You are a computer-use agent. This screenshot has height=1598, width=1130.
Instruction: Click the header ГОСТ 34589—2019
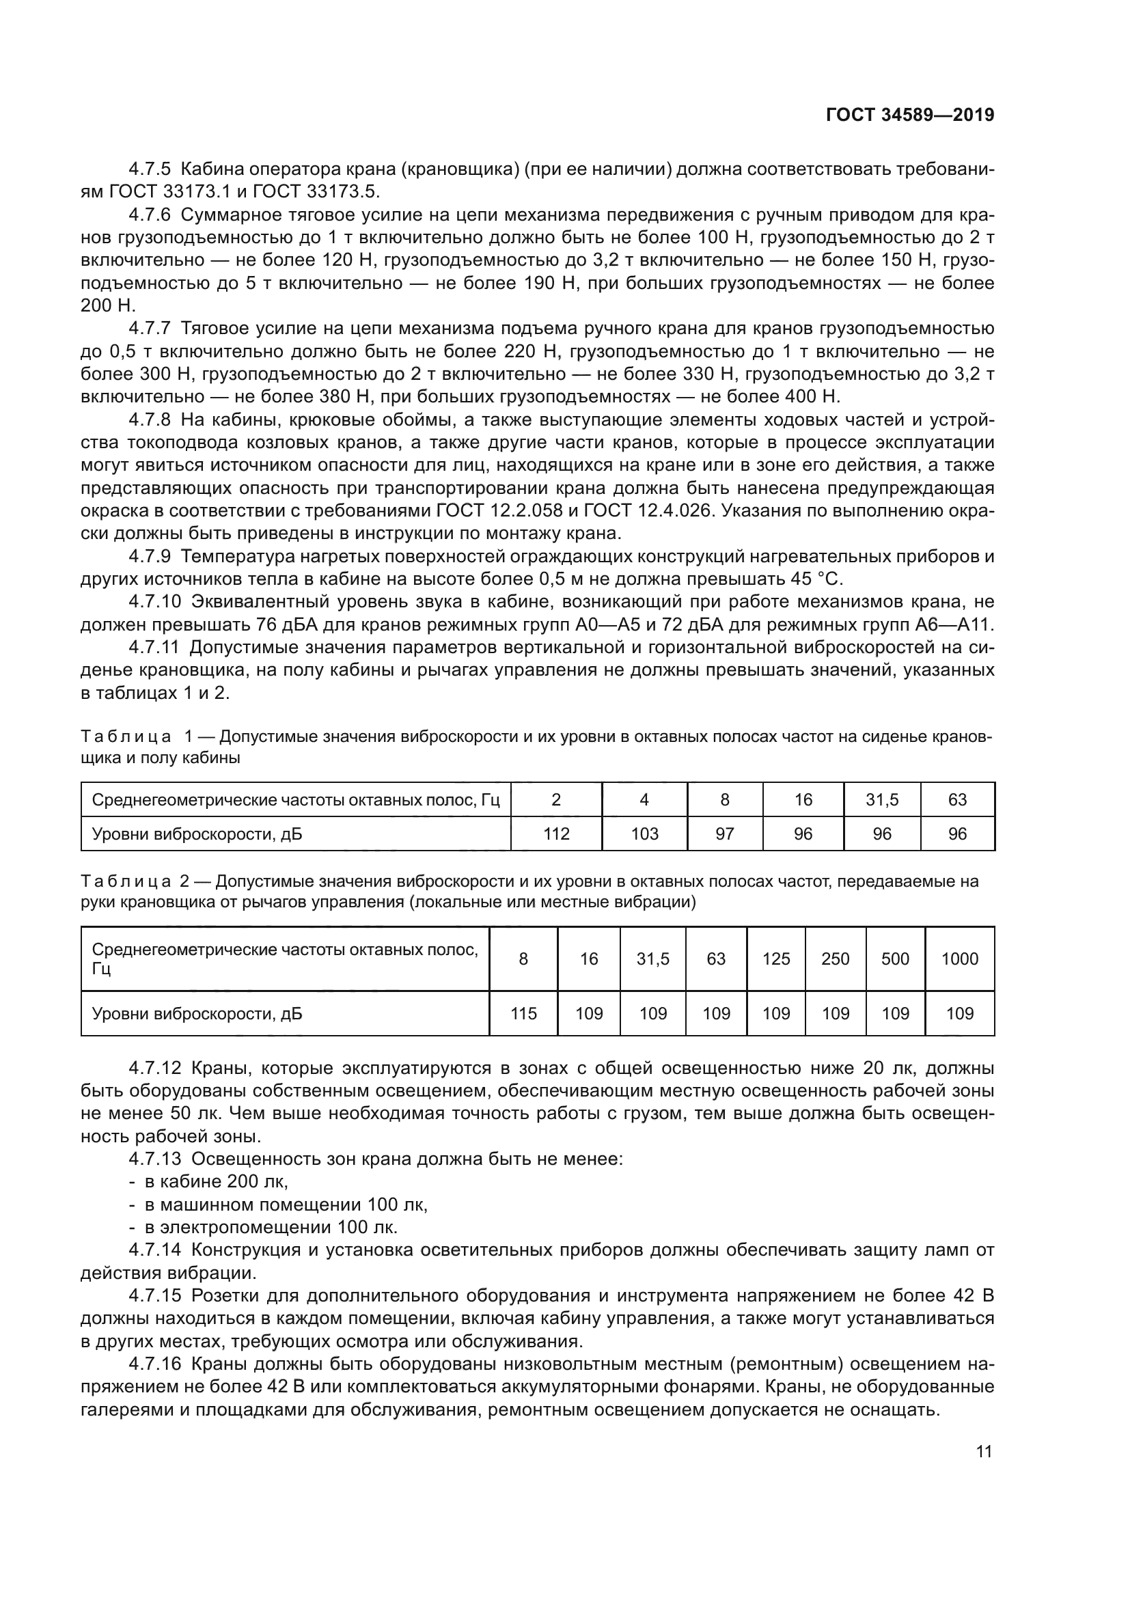coord(910,115)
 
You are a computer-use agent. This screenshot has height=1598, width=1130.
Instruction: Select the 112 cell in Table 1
coord(556,834)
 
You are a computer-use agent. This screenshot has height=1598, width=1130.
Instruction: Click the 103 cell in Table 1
coord(644,834)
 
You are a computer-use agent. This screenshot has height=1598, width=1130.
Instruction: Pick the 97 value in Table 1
coord(724,834)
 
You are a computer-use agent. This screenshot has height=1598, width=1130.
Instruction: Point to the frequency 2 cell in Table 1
coord(556,800)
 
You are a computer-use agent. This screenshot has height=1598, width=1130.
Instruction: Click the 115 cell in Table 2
coord(523,1013)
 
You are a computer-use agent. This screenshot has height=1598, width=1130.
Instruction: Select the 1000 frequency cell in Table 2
coord(959,959)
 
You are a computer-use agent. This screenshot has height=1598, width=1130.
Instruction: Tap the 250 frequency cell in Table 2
coord(835,959)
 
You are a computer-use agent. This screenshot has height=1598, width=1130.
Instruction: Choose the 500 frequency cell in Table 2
coord(895,959)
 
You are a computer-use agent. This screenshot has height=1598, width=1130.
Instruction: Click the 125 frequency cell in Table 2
coord(776,959)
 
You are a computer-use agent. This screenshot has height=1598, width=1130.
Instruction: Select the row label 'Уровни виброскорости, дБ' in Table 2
coord(197,1014)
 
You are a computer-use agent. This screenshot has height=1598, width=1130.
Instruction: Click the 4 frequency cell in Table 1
coord(644,800)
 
